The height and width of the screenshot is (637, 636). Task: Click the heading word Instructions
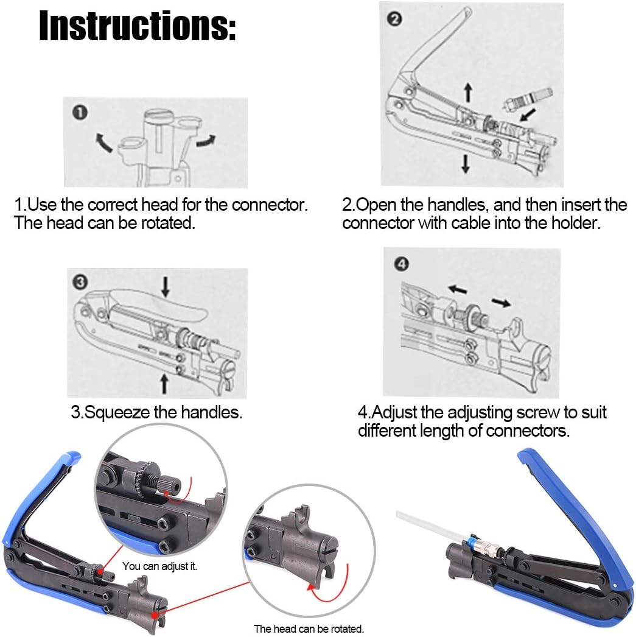(137, 26)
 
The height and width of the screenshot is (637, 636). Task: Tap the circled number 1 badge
(80, 113)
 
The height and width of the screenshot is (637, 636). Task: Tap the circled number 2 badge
(394, 19)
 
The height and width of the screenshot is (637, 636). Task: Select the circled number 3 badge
(80, 281)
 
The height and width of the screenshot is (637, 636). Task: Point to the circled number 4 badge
(402, 264)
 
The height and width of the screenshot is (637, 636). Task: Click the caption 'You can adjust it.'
(159, 566)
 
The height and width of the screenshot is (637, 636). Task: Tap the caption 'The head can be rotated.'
(309, 629)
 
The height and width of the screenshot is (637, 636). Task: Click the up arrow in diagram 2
(469, 93)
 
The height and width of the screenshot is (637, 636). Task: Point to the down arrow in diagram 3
(165, 286)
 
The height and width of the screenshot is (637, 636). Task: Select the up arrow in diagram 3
(164, 384)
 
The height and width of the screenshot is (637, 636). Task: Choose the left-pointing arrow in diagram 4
(458, 289)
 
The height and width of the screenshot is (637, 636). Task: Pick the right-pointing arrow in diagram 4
(501, 302)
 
